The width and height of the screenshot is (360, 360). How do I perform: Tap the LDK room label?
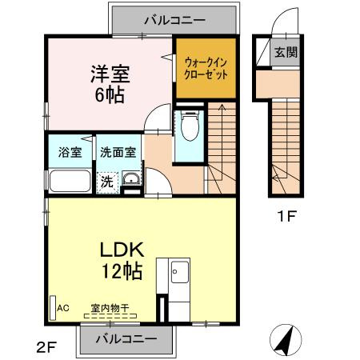122,249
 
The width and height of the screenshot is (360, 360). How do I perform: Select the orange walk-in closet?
206,67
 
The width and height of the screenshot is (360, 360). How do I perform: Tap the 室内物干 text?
110,306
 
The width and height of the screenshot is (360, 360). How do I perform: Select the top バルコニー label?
174,18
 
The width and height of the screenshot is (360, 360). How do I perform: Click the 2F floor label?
45,346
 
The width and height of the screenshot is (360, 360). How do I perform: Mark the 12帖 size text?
122,271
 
